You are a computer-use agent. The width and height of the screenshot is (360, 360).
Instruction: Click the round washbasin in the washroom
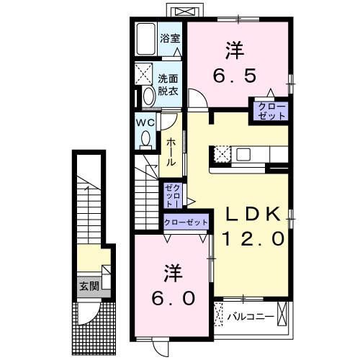click(148, 96)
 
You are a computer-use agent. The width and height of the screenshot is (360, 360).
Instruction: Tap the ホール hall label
click(171, 153)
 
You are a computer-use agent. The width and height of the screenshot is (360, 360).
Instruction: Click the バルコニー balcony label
click(250, 315)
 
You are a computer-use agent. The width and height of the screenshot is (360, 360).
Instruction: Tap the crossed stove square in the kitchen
click(221, 154)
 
